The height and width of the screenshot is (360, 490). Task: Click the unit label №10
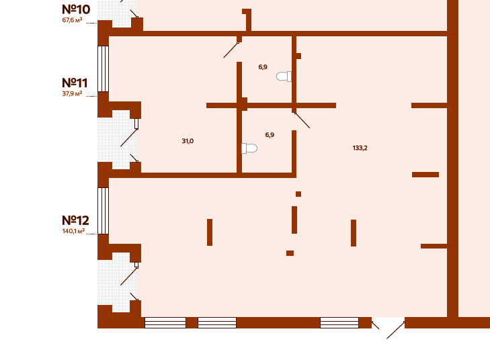click(76, 9)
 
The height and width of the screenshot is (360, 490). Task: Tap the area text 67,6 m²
click(72, 20)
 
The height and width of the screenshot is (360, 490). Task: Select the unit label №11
click(75, 83)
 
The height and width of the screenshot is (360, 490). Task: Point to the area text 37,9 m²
click(72, 94)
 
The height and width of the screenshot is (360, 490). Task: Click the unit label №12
click(75, 220)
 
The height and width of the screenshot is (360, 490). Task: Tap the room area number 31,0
click(188, 141)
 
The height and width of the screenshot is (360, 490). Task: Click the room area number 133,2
click(360, 148)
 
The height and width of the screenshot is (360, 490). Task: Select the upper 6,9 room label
click(263, 67)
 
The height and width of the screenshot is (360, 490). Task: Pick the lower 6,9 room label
click(270, 135)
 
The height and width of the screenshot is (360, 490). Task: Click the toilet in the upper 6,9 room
click(284, 77)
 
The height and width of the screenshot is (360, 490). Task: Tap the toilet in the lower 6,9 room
click(249, 148)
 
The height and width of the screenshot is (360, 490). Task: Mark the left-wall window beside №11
click(103, 69)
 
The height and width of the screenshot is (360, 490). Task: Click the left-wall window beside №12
click(103, 210)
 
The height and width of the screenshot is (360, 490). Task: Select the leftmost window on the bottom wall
click(165, 322)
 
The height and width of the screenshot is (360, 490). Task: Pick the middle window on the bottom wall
click(217, 322)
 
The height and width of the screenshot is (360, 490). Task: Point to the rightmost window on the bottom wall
click(339, 322)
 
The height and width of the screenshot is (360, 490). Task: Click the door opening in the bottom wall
click(388, 323)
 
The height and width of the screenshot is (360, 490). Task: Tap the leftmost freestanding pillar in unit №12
click(210, 232)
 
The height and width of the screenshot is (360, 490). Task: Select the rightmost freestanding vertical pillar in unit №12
click(354, 233)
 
